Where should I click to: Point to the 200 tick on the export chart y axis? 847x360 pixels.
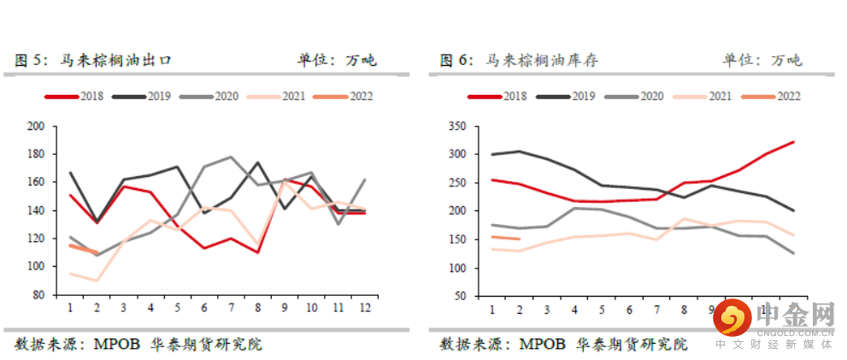tap(36, 127)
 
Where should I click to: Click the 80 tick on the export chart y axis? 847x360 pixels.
tap(39, 295)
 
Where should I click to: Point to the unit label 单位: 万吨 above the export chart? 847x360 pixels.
tap(337, 61)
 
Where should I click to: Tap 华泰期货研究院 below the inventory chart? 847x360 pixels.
tap(631, 345)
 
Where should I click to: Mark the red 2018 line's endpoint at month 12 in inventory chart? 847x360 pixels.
tap(794, 142)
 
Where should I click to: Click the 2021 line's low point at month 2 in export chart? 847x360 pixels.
tap(97, 280)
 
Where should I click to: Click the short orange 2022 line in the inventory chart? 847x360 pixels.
tap(506, 238)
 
